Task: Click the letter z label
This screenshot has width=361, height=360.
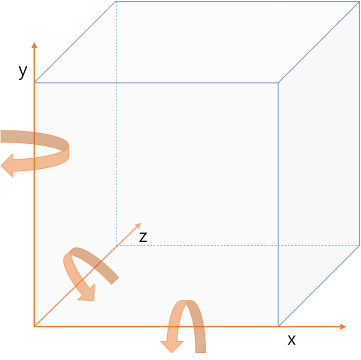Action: (x=143, y=237)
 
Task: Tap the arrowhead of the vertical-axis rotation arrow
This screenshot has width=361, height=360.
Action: (x=9, y=167)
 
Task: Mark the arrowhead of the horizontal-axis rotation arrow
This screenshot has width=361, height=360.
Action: (x=171, y=346)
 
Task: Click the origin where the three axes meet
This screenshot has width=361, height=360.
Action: (x=34, y=326)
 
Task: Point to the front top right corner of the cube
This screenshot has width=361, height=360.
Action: (x=279, y=83)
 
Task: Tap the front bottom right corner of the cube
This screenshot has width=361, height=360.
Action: (x=279, y=326)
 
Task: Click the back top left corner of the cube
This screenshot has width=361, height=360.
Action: (x=116, y=2)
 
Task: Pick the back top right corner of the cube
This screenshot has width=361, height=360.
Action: (x=360, y=2)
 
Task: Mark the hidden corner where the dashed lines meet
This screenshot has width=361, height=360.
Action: (x=116, y=245)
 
